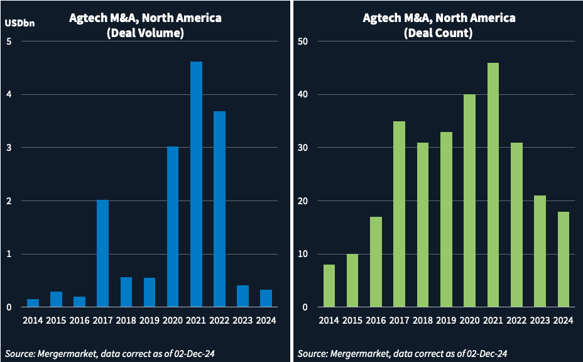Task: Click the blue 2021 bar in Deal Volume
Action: [x=196, y=185]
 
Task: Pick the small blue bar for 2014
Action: [x=33, y=303]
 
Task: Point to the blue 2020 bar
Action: [x=173, y=227]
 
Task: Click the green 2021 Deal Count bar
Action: [x=493, y=185]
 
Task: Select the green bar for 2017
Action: [x=399, y=214]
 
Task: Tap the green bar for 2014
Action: [x=329, y=286]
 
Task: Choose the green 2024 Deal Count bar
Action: [x=564, y=260]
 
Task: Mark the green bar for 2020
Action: [x=469, y=201]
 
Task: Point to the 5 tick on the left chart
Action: [x=9, y=42]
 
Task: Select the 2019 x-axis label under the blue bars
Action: [x=149, y=321]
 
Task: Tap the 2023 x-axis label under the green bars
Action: [x=540, y=321]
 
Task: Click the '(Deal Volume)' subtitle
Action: [x=145, y=33]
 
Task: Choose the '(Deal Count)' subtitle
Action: [x=439, y=33]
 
